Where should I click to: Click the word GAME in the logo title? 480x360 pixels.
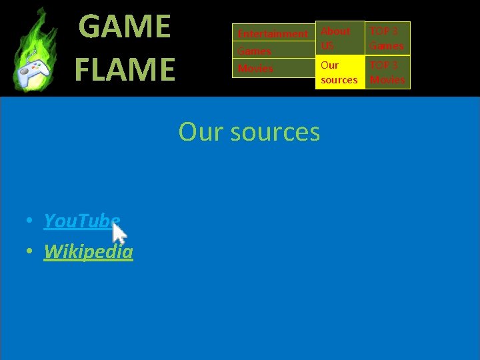pyautogui.click(x=125, y=27)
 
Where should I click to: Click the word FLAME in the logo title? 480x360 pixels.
pyautogui.click(x=125, y=69)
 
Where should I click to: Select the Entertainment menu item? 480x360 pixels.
pyautogui.click(x=273, y=33)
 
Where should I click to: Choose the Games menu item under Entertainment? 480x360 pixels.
pyautogui.click(x=255, y=51)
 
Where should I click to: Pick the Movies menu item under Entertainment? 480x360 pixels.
pyautogui.click(x=255, y=69)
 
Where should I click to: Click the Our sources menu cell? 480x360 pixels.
pyautogui.click(x=339, y=72)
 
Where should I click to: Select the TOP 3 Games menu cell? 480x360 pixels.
pyautogui.click(x=387, y=38)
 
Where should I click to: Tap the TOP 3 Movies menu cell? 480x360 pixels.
pyautogui.click(x=387, y=72)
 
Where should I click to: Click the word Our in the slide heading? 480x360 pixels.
pyautogui.click(x=200, y=132)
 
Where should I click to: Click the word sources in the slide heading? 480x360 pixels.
pyautogui.click(x=275, y=132)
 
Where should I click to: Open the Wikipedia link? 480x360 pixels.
pyautogui.click(x=88, y=251)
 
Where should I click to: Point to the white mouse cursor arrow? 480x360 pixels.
pyautogui.click(x=119, y=233)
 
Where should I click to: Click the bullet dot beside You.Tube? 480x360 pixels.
pyautogui.click(x=31, y=221)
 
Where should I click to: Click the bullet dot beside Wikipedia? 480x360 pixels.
pyautogui.click(x=31, y=252)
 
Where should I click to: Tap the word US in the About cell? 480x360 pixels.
pyautogui.click(x=327, y=46)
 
